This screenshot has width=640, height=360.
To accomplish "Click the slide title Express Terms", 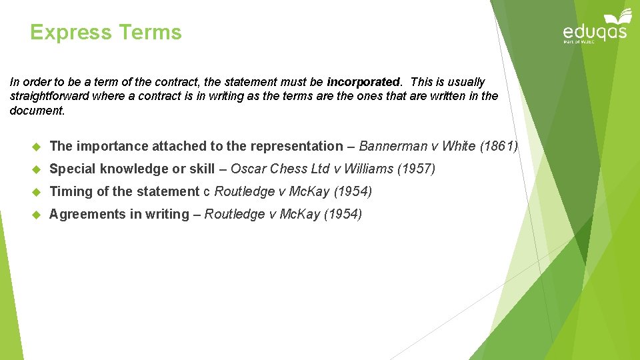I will pyautogui.click(x=106, y=32).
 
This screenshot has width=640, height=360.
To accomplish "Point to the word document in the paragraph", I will pyautogui.click(x=37, y=111).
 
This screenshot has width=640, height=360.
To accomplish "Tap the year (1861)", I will pyautogui.click(x=498, y=146).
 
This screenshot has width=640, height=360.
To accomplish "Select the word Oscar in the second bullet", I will pyautogui.click(x=245, y=169).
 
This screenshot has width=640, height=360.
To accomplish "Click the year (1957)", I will pyautogui.click(x=416, y=169).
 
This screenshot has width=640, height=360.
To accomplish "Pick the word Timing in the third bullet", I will pyautogui.click(x=71, y=191).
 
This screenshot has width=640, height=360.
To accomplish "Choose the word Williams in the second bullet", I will pyautogui.click(x=369, y=169).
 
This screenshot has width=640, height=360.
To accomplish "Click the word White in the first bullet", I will pyautogui.click(x=458, y=146).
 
